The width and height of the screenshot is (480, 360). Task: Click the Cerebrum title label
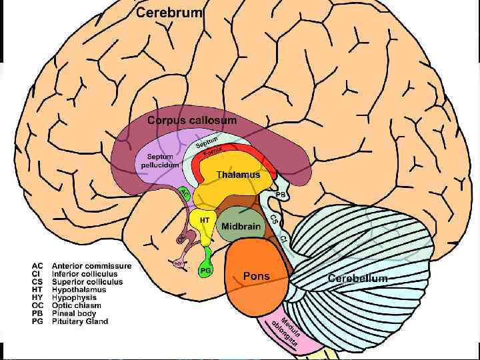(169, 13)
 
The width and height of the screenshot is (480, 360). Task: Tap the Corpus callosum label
(191, 121)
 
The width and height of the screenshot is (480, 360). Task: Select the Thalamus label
(237, 175)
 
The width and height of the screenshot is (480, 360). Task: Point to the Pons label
(257, 276)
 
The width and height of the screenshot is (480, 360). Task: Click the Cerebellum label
(357, 278)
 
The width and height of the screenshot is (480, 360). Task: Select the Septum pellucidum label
(155, 161)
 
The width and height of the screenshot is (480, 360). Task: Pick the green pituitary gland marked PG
(206, 269)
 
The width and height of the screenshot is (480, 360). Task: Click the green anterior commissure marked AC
(185, 193)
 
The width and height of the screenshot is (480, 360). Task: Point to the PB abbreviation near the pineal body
(280, 194)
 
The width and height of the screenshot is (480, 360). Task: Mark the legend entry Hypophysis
(74, 298)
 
